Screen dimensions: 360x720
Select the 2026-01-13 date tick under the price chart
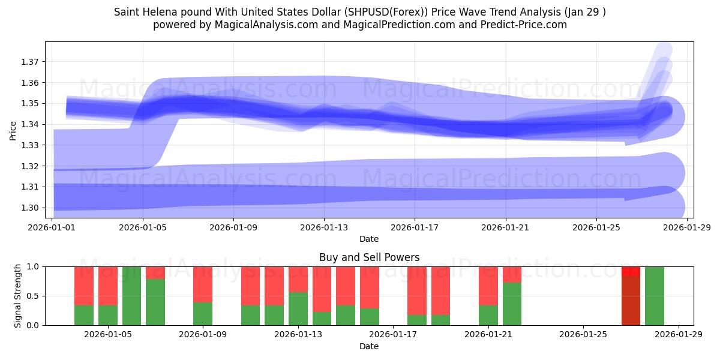(x=324, y=228)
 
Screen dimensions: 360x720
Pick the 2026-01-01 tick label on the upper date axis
(x=52, y=228)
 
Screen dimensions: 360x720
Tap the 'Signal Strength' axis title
(x=18, y=296)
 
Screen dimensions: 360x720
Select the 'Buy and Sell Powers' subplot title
(x=369, y=257)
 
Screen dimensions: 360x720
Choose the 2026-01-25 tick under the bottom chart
(x=584, y=335)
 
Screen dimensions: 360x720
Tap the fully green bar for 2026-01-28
(x=655, y=296)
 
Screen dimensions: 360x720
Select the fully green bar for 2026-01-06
(x=131, y=296)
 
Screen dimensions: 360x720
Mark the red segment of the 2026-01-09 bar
(x=203, y=284)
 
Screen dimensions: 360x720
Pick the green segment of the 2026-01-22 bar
(x=512, y=304)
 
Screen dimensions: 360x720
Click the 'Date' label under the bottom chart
(x=369, y=346)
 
